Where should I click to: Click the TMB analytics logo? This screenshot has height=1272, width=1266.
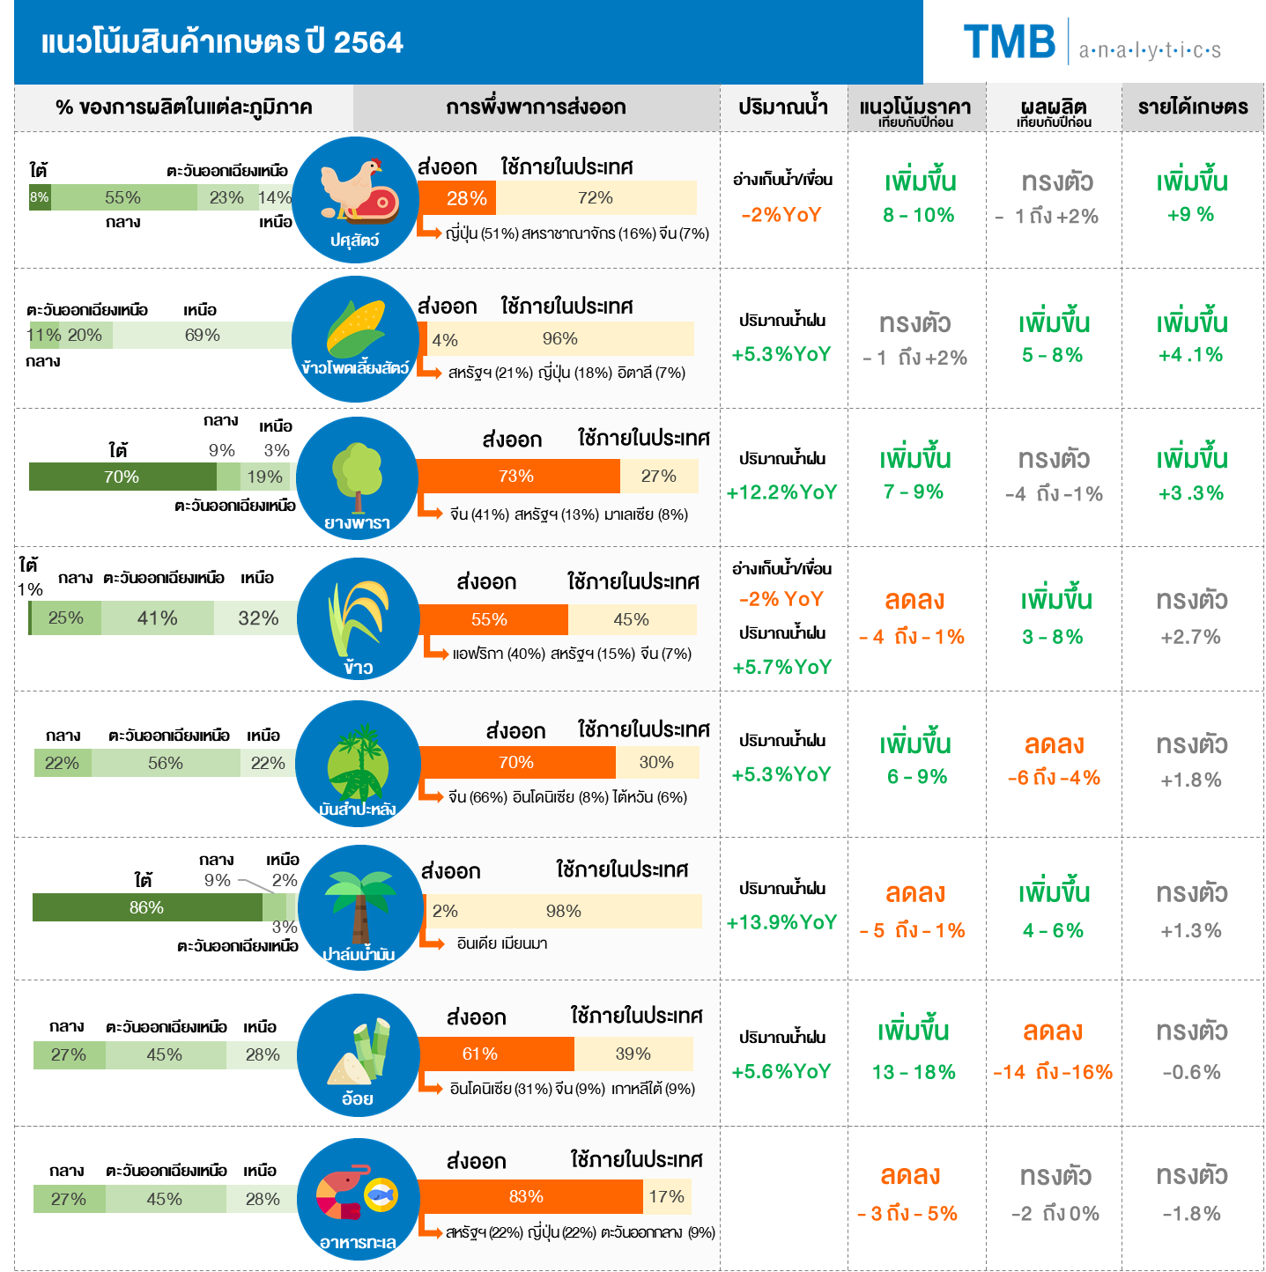[1092, 42]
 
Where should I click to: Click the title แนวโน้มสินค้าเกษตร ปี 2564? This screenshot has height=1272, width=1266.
[222, 42]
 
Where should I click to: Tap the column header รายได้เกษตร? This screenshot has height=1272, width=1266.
[1192, 107]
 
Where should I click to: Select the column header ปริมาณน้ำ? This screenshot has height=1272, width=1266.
[782, 107]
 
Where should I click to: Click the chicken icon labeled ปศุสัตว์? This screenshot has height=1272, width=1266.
[355, 199]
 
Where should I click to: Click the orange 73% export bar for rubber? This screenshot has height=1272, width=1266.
[518, 477]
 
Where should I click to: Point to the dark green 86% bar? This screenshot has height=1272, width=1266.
[147, 907]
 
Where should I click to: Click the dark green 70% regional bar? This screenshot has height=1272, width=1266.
[122, 477]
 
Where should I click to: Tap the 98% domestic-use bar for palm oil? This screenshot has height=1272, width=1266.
[565, 911]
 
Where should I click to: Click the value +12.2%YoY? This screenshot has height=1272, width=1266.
[781, 492]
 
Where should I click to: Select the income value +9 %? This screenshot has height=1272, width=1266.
[1190, 215]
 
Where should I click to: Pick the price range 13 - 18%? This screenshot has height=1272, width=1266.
[914, 1072]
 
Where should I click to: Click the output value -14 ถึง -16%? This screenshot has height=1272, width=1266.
[1053, 1072]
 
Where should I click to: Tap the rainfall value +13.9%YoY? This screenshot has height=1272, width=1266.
[781, 922]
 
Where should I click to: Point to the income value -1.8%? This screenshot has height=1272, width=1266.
[1191, 1214]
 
